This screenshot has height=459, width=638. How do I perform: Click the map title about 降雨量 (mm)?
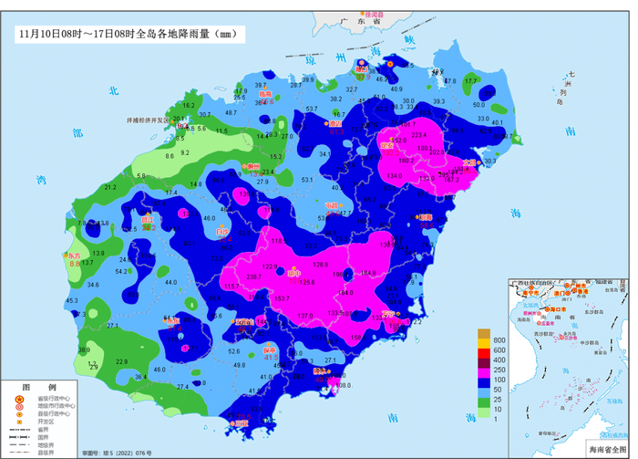click(128, 34)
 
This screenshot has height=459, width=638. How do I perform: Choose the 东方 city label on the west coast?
click(72, 256)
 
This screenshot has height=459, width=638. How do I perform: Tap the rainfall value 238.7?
click(229, 276)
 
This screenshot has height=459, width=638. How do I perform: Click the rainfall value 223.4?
click(419, 133)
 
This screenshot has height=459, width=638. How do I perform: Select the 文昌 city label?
click(470, 162)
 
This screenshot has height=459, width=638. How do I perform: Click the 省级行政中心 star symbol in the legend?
click(17, 399)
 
